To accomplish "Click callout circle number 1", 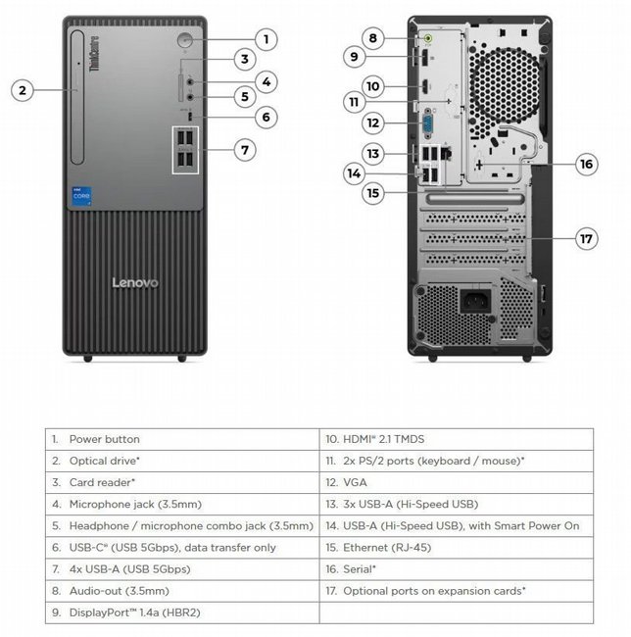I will click(x=266, y=39).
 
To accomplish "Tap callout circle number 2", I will click(x=24, y=90).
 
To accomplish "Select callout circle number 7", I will click(x=245, y=150).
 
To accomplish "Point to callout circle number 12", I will click(x=372, y=123).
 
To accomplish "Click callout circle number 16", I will click(x=586, y=164).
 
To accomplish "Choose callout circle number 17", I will click(x=586, y=238).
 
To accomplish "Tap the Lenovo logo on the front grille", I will click(x=135, y=283).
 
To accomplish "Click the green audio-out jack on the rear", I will click(x=428, y=40).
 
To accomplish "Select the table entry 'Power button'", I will click(x=104, y=439).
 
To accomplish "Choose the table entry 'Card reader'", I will click(x=102, y=482).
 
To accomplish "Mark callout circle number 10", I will click(x=372, y=85).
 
